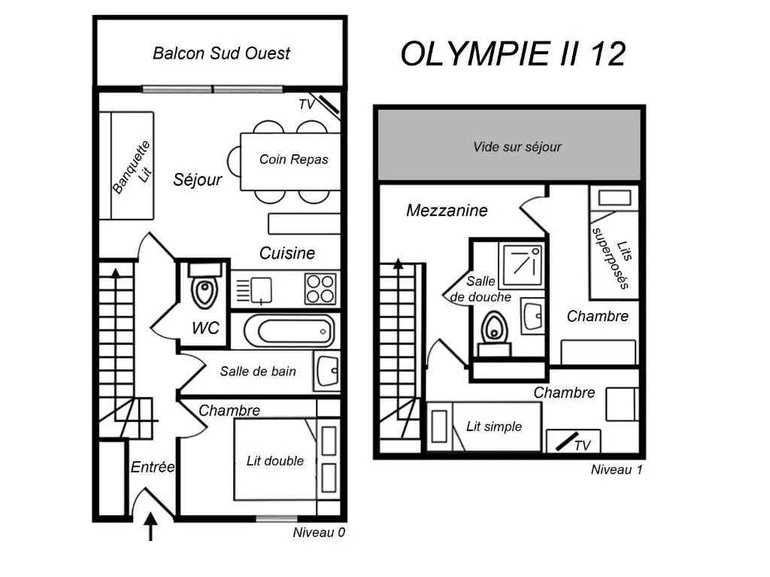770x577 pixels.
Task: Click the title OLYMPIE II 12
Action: [x=513, y=54]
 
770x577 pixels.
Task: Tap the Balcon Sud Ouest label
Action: [x=221, y=53]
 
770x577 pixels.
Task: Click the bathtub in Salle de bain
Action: [x=290, y=329]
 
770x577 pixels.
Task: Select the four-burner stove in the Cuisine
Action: [x=320, y=288]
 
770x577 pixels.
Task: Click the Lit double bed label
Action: [x=275, y=461]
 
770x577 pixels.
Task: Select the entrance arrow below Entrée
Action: [x=151, y=526]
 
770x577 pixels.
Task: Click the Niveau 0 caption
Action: [x=319, y=533]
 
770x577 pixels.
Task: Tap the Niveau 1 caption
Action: [x=617, y=470]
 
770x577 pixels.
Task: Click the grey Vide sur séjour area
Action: [x=517, y=147]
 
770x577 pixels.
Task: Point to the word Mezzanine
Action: [x=447, y=211]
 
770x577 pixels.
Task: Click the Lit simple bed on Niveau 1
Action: [x=484, y=427]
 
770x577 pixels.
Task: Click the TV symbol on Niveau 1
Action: [x=565, y=442]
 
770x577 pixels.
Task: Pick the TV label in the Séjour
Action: [x=307, y=105]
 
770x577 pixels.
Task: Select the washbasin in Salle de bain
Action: [x=328, y=371]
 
